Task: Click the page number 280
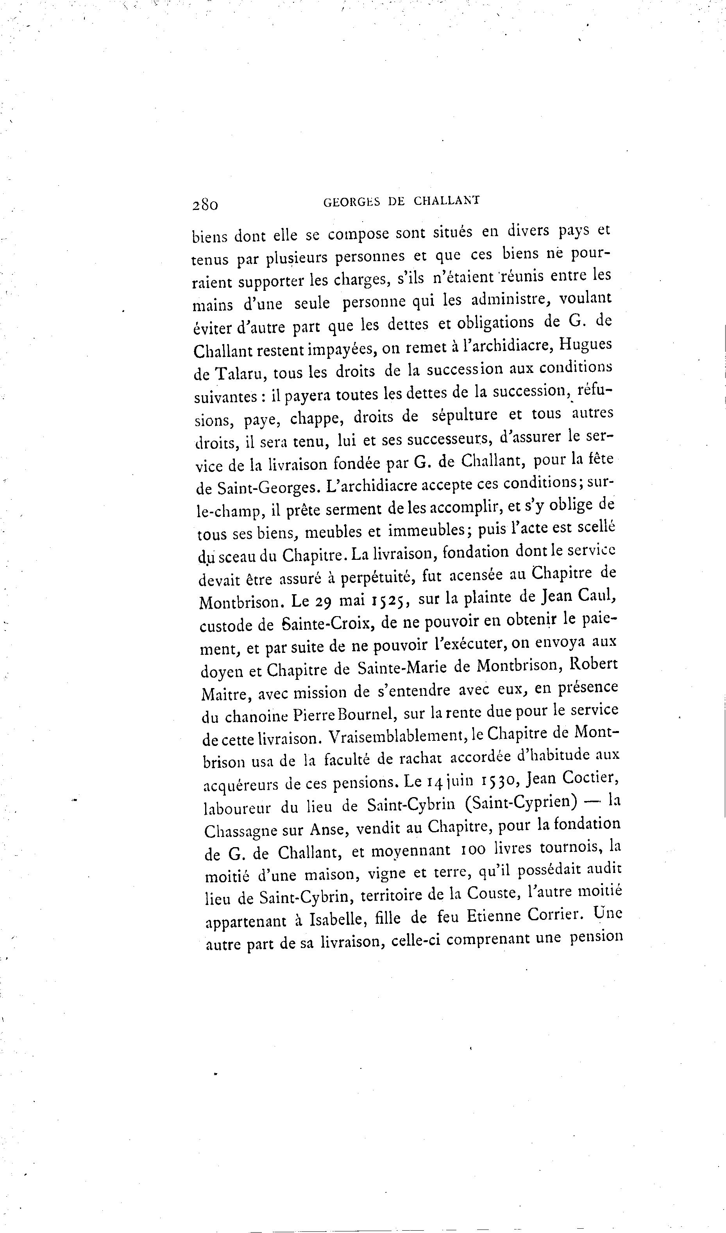205,204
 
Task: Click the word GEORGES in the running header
352,202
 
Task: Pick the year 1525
393,600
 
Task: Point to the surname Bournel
368,716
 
